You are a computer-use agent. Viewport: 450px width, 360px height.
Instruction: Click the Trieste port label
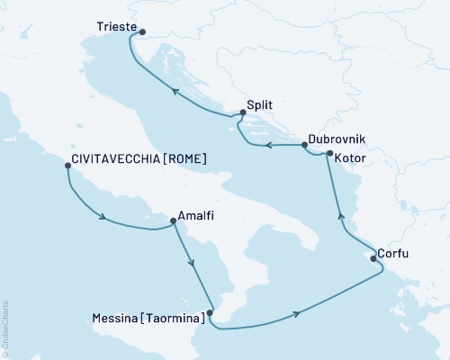tap(116, 28)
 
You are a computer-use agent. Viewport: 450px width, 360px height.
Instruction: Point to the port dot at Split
tap(240, 114)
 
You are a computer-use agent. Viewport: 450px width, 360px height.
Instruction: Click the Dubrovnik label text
tap(336, 139)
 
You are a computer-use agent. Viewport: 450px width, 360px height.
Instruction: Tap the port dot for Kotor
tap(330, 154)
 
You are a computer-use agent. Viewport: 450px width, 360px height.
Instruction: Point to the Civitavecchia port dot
tap(67, 167)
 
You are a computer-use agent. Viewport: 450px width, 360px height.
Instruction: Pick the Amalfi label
tap(197, 216)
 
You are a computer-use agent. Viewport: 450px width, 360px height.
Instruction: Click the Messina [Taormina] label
tap(147, 317)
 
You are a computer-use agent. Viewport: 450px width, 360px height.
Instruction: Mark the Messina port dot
tap(210, 314)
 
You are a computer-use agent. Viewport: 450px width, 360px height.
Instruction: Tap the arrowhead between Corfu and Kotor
tap(339, 214)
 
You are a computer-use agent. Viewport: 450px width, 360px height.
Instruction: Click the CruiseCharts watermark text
tap(5, 329)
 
